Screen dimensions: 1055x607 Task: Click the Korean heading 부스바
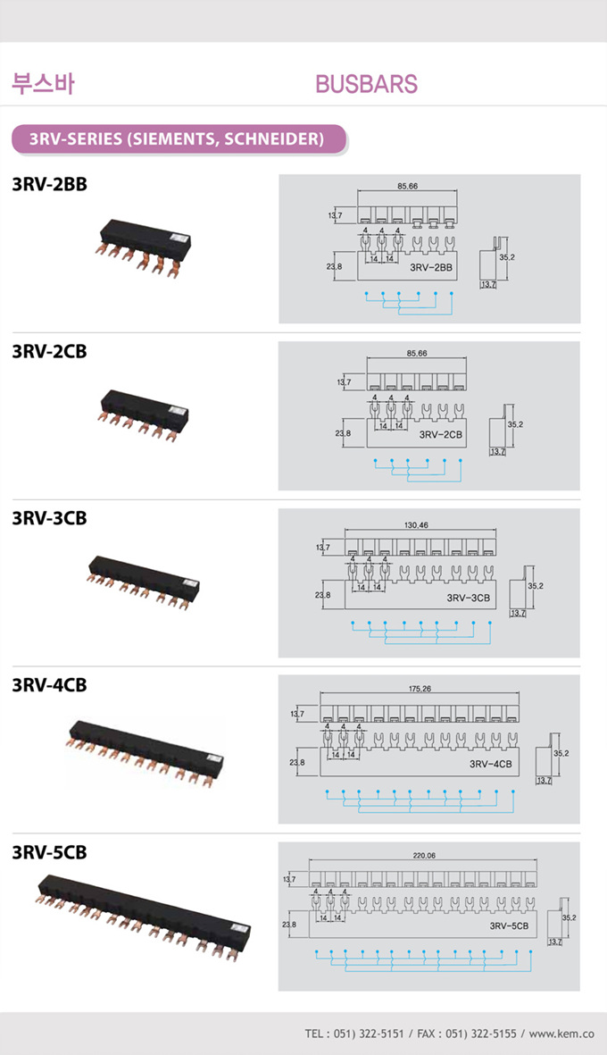pyautogui.click(x=42, y=84)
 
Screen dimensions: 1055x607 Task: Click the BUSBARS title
pyautogui.click(x=366, y=84)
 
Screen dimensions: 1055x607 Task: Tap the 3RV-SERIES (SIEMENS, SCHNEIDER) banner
pyautogui.click(x=176, y=139)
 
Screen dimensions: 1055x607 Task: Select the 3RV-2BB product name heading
pyautogui.click(x=49, y=184)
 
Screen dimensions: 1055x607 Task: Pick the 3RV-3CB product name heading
pyautogui.click(x=49, y=518)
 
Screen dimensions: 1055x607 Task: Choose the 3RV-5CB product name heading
pyautogui.click(x=49, y=852)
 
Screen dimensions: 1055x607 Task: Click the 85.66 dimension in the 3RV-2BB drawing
pyautogui.click(x=407, y=186)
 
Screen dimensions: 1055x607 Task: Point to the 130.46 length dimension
pyautogui.click(x=417, y=525)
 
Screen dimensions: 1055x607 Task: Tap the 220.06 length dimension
pyautogui.click(x=424, y=856)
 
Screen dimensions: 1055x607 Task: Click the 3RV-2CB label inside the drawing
pyautogui.click(x=441, y=435)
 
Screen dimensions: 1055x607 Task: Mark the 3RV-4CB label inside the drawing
pyautogui.click(x=489, y=765)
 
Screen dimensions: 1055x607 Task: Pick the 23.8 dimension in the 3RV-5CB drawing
pyautogui.click(x=288, y=925)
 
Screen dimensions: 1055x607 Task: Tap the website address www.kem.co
pyautogui.click(x=561, y=1034)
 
